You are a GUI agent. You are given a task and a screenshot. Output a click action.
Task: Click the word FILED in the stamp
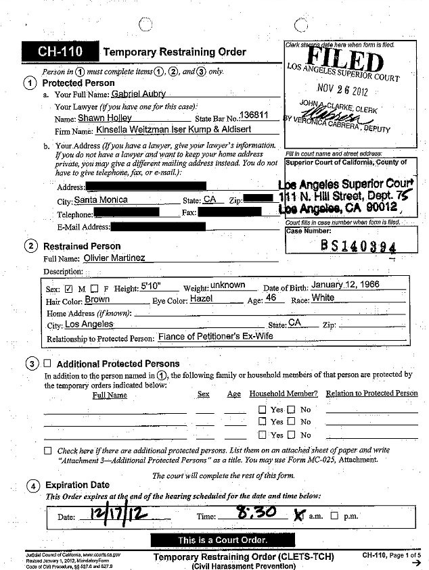click(346, 60)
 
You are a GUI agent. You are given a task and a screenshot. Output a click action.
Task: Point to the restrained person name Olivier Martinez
click(114, 258)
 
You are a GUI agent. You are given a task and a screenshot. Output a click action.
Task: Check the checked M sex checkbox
click(68, 289)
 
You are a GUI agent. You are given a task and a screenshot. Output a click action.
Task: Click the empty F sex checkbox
click(94, 289)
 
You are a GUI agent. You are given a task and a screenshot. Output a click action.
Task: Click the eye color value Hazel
click(202, 298)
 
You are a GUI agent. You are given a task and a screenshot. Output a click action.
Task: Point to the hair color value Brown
click(97, 299)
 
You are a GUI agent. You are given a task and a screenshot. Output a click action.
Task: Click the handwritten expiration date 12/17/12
click(110, 517)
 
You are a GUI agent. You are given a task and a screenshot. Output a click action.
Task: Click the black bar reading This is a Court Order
click(213, 540)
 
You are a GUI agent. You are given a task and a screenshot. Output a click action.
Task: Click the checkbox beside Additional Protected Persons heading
click(48, 363)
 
